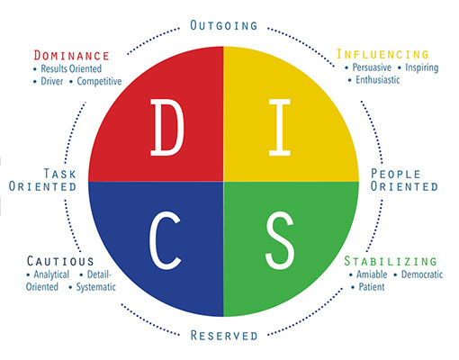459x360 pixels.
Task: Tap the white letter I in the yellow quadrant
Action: point(280,128)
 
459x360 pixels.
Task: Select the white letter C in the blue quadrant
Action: point(165,240)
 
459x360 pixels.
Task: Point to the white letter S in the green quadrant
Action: point(280,240)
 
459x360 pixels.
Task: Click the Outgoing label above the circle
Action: point(224,25)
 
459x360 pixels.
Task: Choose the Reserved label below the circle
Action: point(224,336)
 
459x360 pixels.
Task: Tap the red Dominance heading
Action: point(71,56)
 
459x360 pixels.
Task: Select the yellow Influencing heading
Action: point(382,54)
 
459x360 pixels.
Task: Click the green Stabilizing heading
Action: point(391,261)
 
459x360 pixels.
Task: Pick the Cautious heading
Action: point(60,261)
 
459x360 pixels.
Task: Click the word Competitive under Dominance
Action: point(99,81)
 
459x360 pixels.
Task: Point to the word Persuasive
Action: point(372,67)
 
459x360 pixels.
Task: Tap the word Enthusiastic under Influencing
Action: point(378,80)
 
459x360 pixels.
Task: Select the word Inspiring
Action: point(422,67)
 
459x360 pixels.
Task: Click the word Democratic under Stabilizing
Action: point(422,274)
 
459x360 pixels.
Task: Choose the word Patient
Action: point(372,287)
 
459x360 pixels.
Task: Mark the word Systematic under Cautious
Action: point(96,287)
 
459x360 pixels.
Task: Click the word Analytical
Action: point(51,274)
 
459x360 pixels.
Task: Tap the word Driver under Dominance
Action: point(52,81)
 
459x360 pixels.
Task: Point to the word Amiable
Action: point(372,274)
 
